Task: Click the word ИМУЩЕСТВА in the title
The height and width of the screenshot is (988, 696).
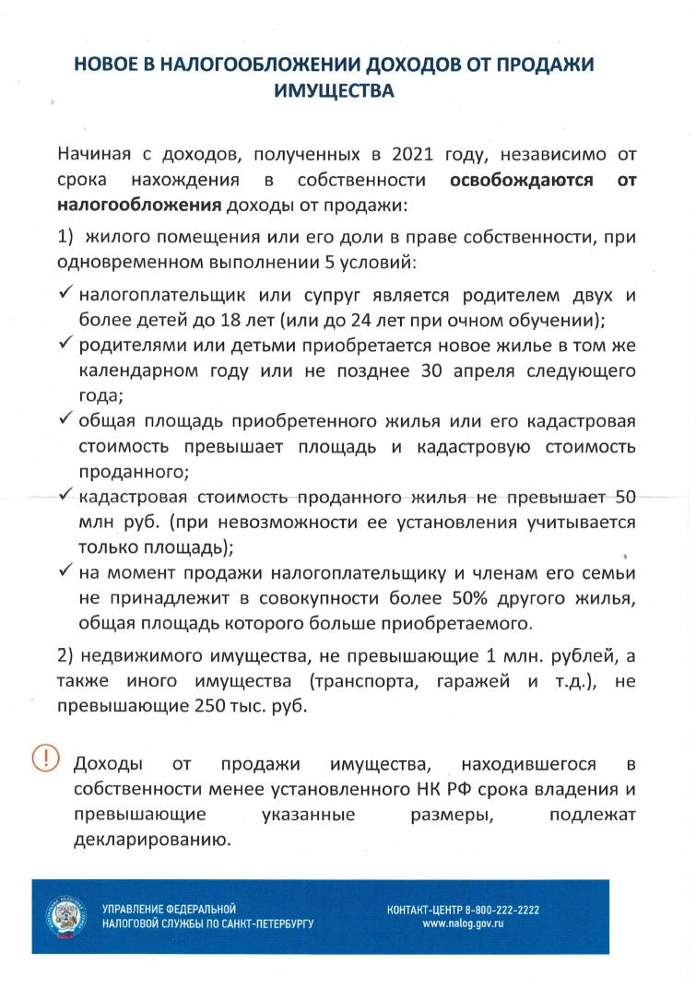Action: pos(334,90)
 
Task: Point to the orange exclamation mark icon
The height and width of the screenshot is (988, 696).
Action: pos(44,759)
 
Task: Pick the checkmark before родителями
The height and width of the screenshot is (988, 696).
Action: pos(65,344)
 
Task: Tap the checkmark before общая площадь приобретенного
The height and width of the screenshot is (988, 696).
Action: pos(65,419)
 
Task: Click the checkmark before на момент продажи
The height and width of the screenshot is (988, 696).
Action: pos(65,571)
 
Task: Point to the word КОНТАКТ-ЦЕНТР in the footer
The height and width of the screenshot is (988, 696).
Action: pos(427,910)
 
